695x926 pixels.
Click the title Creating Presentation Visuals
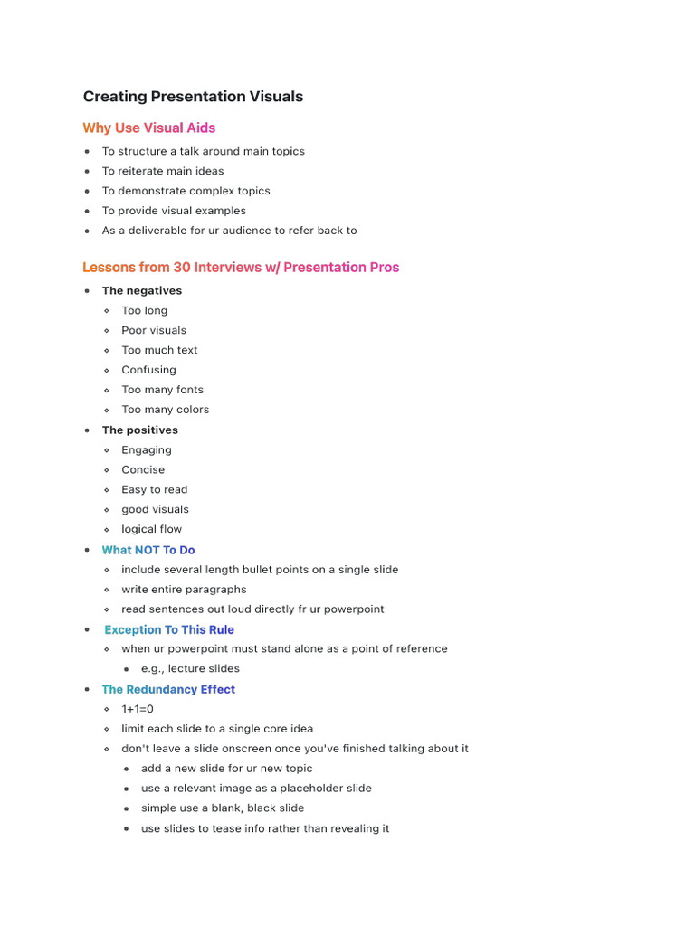[193, 97]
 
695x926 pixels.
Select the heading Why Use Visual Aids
[149, 128]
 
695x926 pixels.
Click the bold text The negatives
[141, 290]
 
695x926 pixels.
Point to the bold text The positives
[139, 430]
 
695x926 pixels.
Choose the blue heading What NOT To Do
[148, 550]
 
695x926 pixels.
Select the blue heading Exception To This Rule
[169, 629]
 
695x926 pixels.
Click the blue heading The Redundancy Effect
[168, 689]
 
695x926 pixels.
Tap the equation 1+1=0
[138, 709]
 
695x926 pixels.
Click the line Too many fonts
[163, 390]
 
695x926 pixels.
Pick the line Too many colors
[166, 410]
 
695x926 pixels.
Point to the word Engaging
[147, 449]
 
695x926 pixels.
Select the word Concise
[143, 469]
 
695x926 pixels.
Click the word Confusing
[149, 370]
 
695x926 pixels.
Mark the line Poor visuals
[154, 330]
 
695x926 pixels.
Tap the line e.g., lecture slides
[190, 668]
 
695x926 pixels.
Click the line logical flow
[152, 529]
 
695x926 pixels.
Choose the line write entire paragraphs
[184, 590]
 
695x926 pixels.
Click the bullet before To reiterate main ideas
[87, 171]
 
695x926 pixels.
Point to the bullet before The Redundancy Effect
[87, 689]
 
